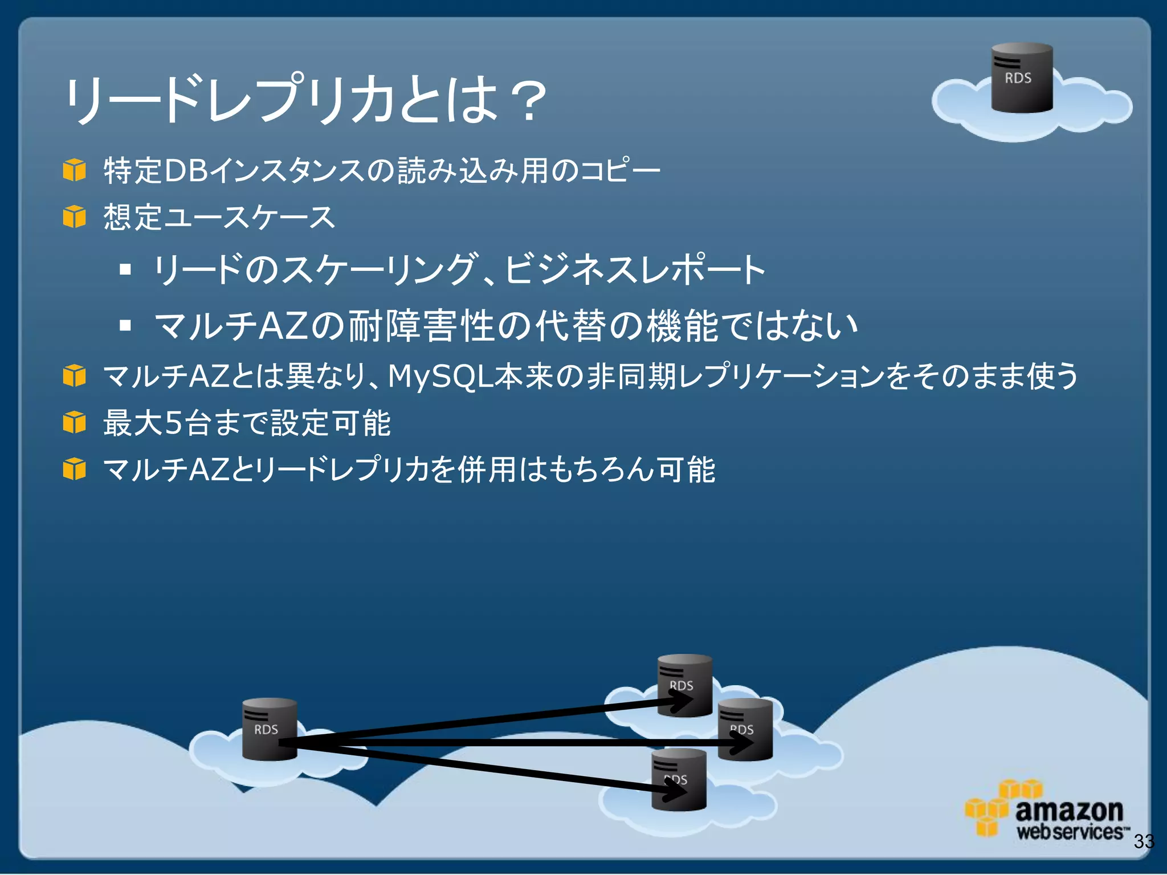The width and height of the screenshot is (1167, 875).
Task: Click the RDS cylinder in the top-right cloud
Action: tap(1022, 78)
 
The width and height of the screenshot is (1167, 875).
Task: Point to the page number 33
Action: tap(1144, 841)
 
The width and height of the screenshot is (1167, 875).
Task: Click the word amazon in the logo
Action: tap(1069, 809)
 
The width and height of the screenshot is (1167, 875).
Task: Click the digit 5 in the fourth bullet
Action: tap(173, 423)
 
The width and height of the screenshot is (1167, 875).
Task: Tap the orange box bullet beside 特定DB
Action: tap(74, 170)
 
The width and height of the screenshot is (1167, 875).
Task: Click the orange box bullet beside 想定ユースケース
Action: tap(74, 217)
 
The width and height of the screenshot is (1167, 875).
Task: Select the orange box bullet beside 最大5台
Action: tap(74, 423)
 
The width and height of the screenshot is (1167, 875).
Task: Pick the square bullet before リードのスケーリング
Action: tap(125, 269)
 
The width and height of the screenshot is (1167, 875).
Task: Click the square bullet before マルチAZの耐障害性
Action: tap(125, 326)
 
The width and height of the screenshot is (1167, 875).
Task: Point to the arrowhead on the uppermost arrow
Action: tap(681, 702)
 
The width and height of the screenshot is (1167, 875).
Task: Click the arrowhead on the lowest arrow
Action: tap(676, 790)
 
